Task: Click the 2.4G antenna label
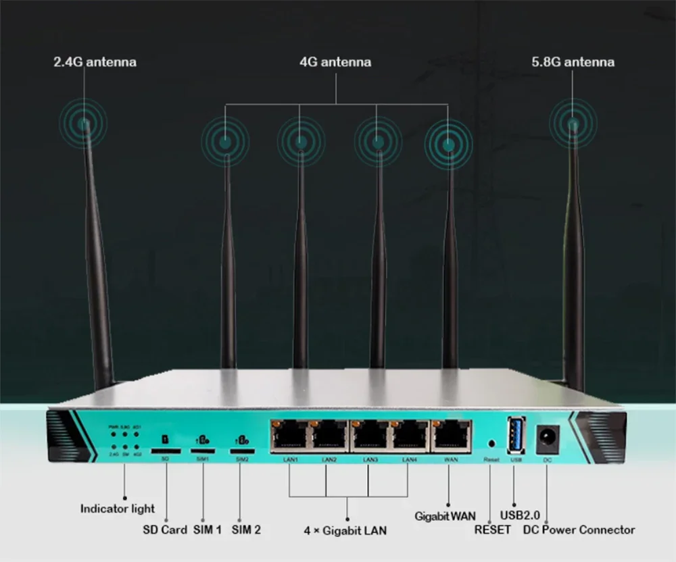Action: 95,62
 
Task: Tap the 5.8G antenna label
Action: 573,62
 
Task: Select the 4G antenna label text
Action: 335,62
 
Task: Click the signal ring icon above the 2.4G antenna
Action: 83,124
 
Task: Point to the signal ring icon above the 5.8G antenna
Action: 573,124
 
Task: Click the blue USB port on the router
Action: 516,436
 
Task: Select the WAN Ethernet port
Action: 451,436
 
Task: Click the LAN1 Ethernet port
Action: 289,436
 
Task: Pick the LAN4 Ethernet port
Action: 410,436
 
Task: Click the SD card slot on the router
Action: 165,449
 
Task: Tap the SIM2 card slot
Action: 243,449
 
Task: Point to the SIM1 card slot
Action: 203,449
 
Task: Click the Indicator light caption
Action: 118,509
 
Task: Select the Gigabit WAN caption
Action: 445,516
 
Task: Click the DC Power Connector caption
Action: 579,530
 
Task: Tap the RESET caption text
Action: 492,530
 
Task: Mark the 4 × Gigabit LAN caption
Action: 345,530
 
